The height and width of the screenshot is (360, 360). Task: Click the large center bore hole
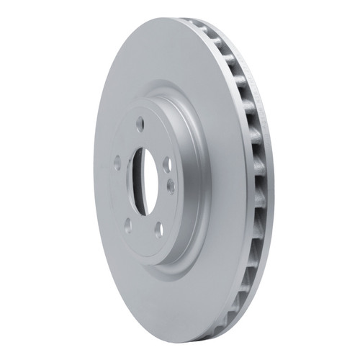[x=144, y=181]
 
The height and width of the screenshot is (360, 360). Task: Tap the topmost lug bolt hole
[x=140, y=122]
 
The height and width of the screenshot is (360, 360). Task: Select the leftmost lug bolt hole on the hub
[x=117, y=163]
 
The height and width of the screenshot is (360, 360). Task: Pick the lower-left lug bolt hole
[x=128, y=225]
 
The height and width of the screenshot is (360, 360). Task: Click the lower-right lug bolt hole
[x=158, y=230]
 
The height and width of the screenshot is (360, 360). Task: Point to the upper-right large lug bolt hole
[x=167, y=164]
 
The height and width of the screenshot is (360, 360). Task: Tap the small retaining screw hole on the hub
[x=171, y=186]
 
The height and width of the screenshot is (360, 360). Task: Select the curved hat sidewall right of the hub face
[x=189, y=180]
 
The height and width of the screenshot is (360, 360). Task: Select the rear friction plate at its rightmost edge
[x=267, y=180]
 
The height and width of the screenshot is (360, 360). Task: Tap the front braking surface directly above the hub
[x=155, y=58]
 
